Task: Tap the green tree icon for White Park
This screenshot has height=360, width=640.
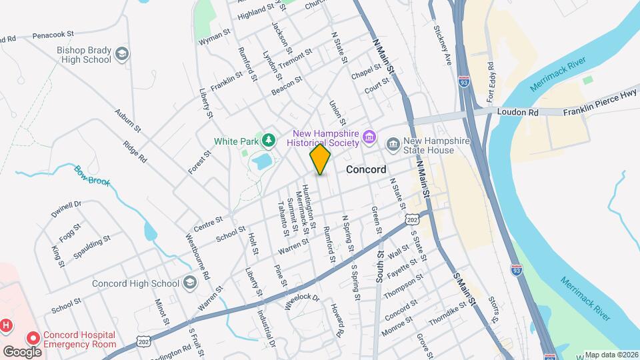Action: coord(268,140)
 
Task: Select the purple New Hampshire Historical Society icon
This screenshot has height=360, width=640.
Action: coord(371,140)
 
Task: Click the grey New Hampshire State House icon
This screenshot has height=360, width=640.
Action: coord(393,143)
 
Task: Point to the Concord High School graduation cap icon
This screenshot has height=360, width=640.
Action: coord(190,283)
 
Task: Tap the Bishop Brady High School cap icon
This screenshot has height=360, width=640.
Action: coord(121,54)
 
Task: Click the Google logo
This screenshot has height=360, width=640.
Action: coord(22,351)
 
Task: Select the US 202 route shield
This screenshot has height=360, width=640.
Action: coord(413,219)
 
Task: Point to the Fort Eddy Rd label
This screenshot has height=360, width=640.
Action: coord(491,82)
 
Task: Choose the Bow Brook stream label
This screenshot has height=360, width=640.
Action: coord(91,175)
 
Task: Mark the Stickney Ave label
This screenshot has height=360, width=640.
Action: coord(443,45)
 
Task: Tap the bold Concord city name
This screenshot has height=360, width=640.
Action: coord(366,169)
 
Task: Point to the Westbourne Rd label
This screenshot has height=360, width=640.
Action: coord(197,255)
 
